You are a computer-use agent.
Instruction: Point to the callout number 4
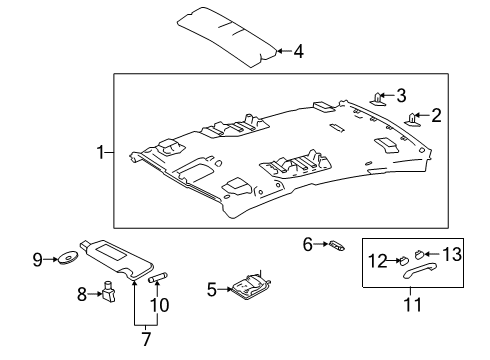point(298,50)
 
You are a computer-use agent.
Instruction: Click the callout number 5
point(212,289)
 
